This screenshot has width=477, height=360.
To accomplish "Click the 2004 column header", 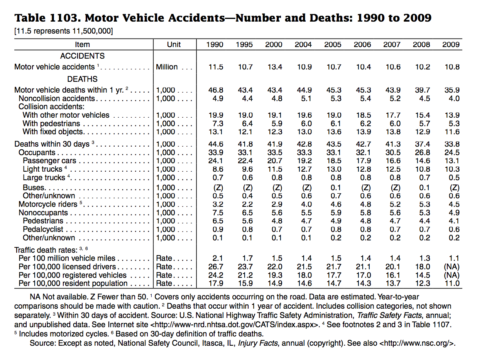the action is [303, 44].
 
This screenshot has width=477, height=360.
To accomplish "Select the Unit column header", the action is [174, 44].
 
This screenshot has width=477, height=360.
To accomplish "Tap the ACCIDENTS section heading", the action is [82, 56].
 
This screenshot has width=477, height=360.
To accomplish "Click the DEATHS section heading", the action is [82, 79].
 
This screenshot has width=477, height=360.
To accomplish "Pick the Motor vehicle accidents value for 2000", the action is [275, 67].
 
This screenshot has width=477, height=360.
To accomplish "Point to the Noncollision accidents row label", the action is [57, 98].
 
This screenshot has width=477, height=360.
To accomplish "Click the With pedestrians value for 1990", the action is [218, 123].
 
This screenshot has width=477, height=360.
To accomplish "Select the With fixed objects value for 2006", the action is [363, 132].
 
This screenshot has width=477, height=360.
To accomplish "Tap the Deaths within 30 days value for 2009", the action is [452, 144].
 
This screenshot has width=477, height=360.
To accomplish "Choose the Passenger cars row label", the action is [49, 161].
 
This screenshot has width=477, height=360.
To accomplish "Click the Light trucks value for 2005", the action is [334, 169].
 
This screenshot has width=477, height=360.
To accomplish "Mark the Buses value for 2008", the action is [425, 188].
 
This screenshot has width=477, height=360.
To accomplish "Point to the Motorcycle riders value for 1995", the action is [247, 204].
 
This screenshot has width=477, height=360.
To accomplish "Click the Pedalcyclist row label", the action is [43, 229].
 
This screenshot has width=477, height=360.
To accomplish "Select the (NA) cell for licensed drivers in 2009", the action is [452, 267].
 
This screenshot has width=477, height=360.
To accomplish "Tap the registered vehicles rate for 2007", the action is [393, 275].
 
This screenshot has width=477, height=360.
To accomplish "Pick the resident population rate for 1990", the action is [216, 283].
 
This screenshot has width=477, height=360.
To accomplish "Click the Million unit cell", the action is [167, 67].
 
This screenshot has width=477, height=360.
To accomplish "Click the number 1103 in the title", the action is [63, 18].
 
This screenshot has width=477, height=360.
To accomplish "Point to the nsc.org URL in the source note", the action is [417, 343].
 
